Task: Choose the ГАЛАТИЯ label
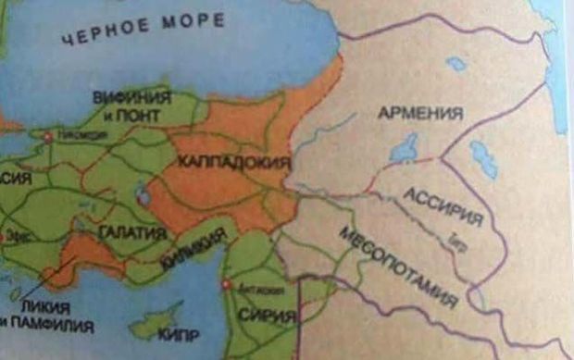(131, 230)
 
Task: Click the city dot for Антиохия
(227, 285)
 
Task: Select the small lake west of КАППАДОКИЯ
(143, 195)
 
